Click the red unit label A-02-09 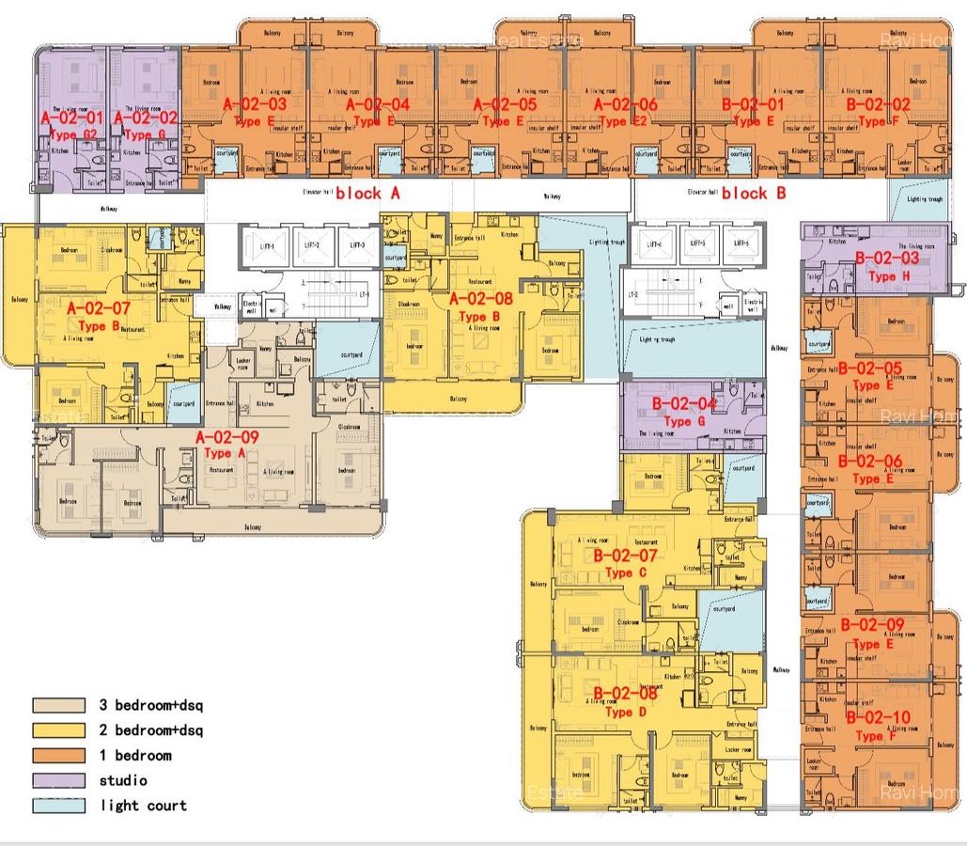coord(226,437)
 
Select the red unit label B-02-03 coord(886,258)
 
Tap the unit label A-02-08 coord(481,300)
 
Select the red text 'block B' coord(754,193)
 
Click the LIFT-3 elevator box coord(356,244)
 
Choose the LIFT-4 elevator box coord(650,244)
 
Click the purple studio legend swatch coord(58,780)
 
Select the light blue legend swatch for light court coord(58,806)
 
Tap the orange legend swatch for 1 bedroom coord(58,755)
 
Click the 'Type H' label coord(882,276)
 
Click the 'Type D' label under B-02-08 coord(618,712)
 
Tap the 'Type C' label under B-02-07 coord(619,572)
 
